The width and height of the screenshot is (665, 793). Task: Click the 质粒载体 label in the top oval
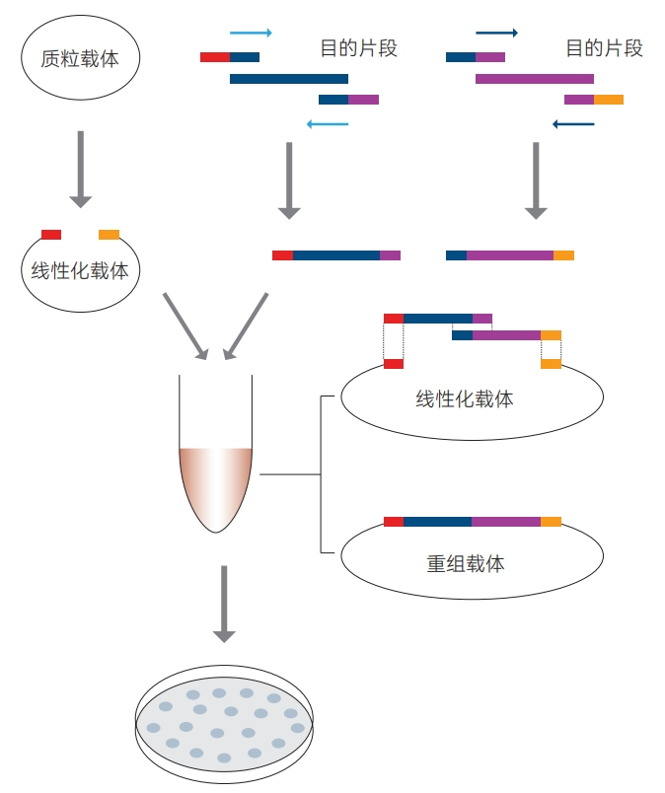click(81, 59)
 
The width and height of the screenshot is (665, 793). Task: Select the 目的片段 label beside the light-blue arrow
click(358, 48)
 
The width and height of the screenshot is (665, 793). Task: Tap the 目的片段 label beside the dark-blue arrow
click(604, 48)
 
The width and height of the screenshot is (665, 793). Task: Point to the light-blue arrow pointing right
click(251, 33)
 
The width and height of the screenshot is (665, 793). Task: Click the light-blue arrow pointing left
click(328, 124)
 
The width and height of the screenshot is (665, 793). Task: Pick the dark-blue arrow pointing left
click(573, 124)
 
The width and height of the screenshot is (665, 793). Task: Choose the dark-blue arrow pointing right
click(496, 33)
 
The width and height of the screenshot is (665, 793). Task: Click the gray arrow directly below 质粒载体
click(81, 169)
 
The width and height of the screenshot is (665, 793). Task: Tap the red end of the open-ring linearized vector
click(51, 235)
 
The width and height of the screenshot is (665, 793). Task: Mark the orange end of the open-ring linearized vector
click(109, 235)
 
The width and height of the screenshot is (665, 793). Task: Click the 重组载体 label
click(466, 564)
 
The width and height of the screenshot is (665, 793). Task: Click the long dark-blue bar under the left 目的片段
click(288, 78)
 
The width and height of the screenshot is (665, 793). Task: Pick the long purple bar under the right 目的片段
click(534, 78)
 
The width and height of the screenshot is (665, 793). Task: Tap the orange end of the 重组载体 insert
click(551, 521)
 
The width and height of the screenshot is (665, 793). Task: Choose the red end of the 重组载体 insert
click(393, 521)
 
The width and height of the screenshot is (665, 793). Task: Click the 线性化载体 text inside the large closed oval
click(465, 399)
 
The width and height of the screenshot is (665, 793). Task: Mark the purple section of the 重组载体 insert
click(506, 521)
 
